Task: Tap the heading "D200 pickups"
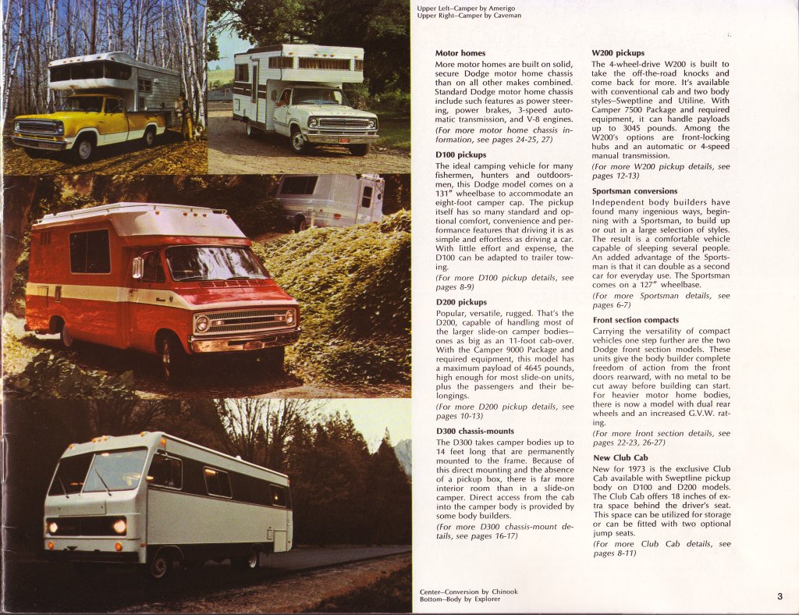(460, 302)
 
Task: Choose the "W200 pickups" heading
(618, 54)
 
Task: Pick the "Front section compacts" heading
(635, 320)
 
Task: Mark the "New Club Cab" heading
(620, 458)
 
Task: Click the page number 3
(779, 597)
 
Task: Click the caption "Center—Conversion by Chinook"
(469, 592)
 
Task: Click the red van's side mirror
(138, 268)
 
